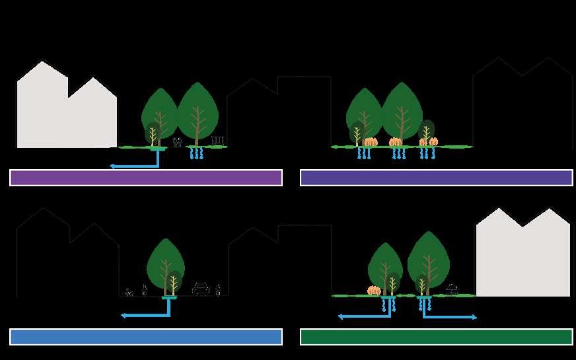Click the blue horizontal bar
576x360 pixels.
(x=146, y=337)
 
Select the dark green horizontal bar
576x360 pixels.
(x=436, y=337)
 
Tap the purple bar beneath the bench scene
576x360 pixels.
(x=146, y=178)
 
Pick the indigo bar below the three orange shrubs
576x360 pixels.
(x=436, y=178)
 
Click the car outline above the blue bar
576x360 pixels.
(x=201, y=289)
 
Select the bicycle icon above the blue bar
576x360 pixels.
(x=129, y=292)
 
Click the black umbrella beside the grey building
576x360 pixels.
(x=452, y=289)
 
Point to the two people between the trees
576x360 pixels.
(x=177, y=141)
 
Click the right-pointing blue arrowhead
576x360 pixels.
(x=474, y=317)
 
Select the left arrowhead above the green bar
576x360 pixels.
(x=341, y=317)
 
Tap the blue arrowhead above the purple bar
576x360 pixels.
(x=113, y=166)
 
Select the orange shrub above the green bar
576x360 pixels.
(x=374, y=290)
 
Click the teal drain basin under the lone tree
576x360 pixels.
(x=169, y=299)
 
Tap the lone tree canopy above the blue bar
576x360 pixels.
(x=165, y=258)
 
